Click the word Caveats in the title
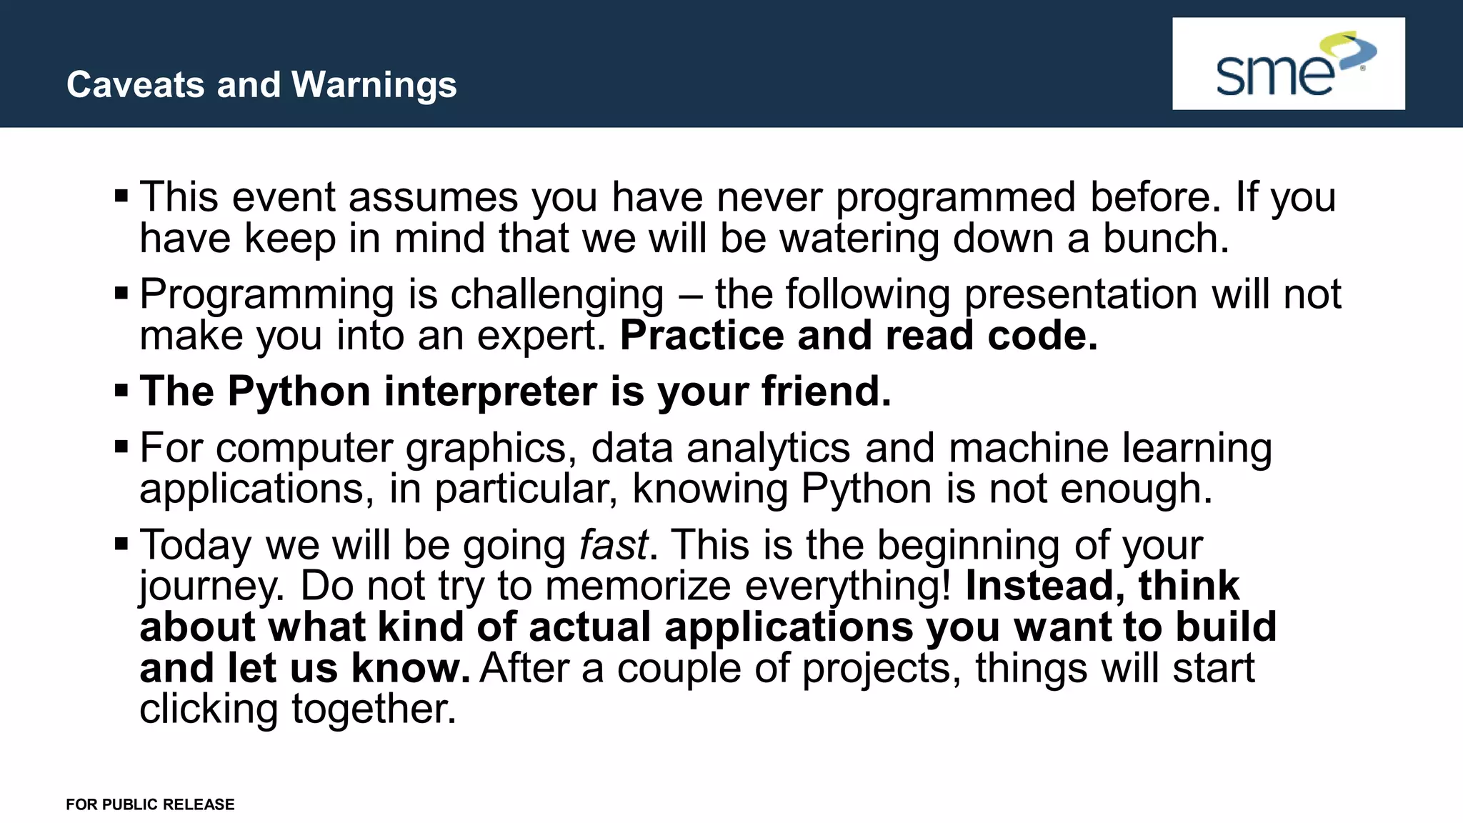tap(136, 85)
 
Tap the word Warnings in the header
tap(374, 85)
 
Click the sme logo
tap(1288, 64)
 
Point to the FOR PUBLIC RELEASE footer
tap(150, 804)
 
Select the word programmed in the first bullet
tap(955, 197)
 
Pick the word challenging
tap(556, 294)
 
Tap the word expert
tap(541, 336)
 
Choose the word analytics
tap(769, 449)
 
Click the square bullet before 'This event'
tap(121, 195)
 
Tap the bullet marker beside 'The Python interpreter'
tap(121, 390)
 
